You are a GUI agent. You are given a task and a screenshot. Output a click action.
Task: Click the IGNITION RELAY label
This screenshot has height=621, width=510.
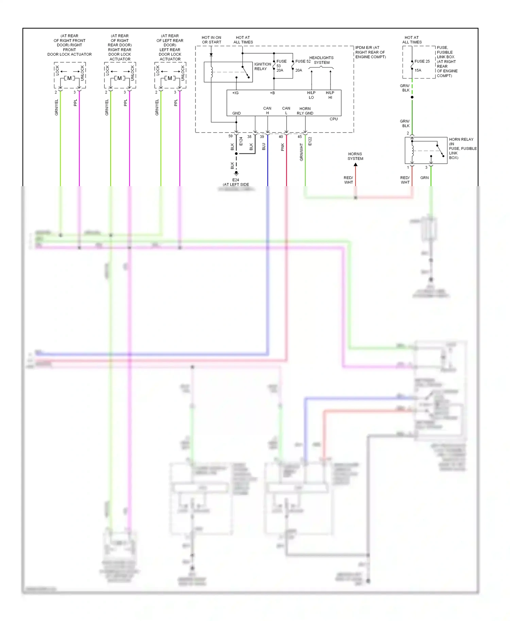(262, 66)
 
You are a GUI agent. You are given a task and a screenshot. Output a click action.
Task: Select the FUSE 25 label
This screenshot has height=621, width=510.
(422, 61)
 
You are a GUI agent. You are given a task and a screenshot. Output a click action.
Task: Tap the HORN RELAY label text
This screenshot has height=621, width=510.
(461, 139)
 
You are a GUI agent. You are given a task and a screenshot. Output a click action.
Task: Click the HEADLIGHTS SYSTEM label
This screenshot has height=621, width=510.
(321, 60)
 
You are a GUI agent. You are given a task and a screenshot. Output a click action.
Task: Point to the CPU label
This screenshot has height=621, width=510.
(334, 119)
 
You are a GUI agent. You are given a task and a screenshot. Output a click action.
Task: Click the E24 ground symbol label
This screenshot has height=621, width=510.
(236, 180)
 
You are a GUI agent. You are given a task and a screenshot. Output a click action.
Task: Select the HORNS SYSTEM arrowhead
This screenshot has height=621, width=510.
(355, 165)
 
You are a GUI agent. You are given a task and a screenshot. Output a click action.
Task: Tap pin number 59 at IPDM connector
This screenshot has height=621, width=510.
(231, 136)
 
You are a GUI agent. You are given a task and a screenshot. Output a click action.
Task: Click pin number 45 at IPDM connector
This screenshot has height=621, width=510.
(300, 137)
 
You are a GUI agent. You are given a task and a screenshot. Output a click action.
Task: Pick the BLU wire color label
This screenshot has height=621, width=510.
(264, 146)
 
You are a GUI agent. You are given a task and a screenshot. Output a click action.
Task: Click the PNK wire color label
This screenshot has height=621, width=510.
(283, 147)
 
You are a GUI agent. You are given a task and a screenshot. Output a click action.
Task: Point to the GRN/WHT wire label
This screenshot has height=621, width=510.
(301, 152)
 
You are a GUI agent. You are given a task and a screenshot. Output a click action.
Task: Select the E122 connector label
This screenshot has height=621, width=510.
(310, 141)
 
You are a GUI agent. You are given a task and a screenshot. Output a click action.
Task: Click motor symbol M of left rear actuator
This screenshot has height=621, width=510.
(170, 78)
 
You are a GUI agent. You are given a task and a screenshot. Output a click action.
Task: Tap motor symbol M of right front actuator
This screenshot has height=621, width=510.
(69, 78)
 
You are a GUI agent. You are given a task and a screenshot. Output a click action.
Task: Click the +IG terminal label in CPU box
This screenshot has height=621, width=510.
(235, 93)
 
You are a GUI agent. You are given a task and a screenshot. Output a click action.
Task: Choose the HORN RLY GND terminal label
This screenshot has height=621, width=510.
(305, 111)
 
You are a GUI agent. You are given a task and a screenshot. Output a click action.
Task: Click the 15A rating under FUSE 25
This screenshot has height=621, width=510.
(418, 70)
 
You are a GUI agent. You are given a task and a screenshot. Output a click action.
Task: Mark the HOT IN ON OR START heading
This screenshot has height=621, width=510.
(211, 40)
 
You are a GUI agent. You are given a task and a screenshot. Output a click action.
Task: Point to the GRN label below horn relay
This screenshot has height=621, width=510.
(424, 178)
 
